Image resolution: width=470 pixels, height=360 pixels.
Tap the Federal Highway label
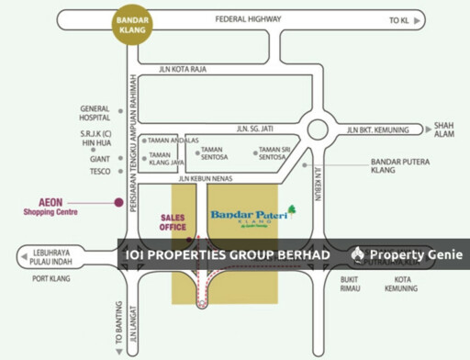[x=247, y=19]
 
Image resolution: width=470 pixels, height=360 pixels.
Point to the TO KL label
[x=399, y=19]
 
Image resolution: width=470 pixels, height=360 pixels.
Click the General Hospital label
[x=95, y=113]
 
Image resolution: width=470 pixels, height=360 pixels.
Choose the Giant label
[x=100, y=158]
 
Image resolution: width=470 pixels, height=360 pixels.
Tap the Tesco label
[x=99, y=172]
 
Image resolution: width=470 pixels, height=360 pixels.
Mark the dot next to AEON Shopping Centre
[x=117, y=202]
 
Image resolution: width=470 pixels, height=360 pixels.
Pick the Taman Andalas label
[x=173, y=140]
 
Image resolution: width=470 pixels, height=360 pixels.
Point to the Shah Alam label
[x=444, y=129]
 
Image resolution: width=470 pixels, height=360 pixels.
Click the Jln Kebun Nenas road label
[x=209, y=178]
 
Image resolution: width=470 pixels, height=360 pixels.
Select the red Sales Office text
[x=173, y=222]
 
